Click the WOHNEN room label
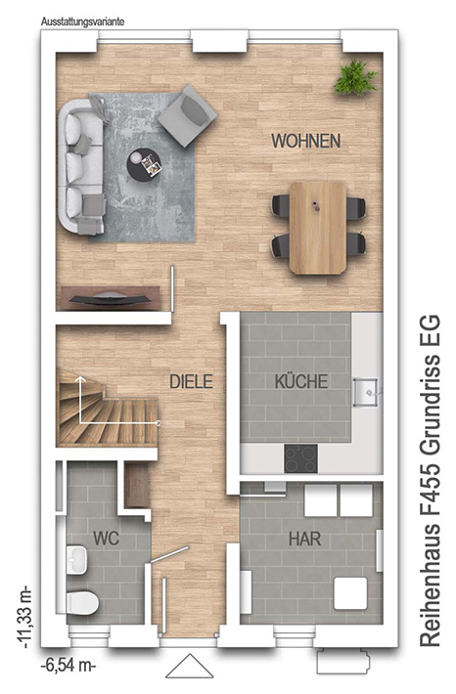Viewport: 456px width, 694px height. click(305, 141)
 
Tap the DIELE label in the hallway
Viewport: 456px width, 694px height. click(192, 381)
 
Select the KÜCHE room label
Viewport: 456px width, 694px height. click(301, 381)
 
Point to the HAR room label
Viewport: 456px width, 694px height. click(305, 540)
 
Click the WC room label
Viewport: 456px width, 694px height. click(107, 539)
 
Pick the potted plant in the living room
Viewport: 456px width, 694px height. click(356, 77)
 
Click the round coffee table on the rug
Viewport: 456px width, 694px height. click(144, 163)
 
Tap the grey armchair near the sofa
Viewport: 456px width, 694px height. click(187, 115)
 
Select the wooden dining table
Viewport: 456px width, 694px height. click(318, 228)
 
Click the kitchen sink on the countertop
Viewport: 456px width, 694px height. click(366, 391)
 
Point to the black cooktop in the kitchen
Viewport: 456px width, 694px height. click(300, 458)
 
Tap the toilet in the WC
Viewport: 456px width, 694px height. click(82, 603)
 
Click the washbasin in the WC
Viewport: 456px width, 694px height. click(77, 559)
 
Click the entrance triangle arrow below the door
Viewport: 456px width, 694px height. click(190, 666)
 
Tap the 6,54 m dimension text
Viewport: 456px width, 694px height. click(68, 666)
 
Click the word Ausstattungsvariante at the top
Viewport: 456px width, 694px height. click(82, 22)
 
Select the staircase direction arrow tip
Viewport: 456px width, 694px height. click(80, 377)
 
